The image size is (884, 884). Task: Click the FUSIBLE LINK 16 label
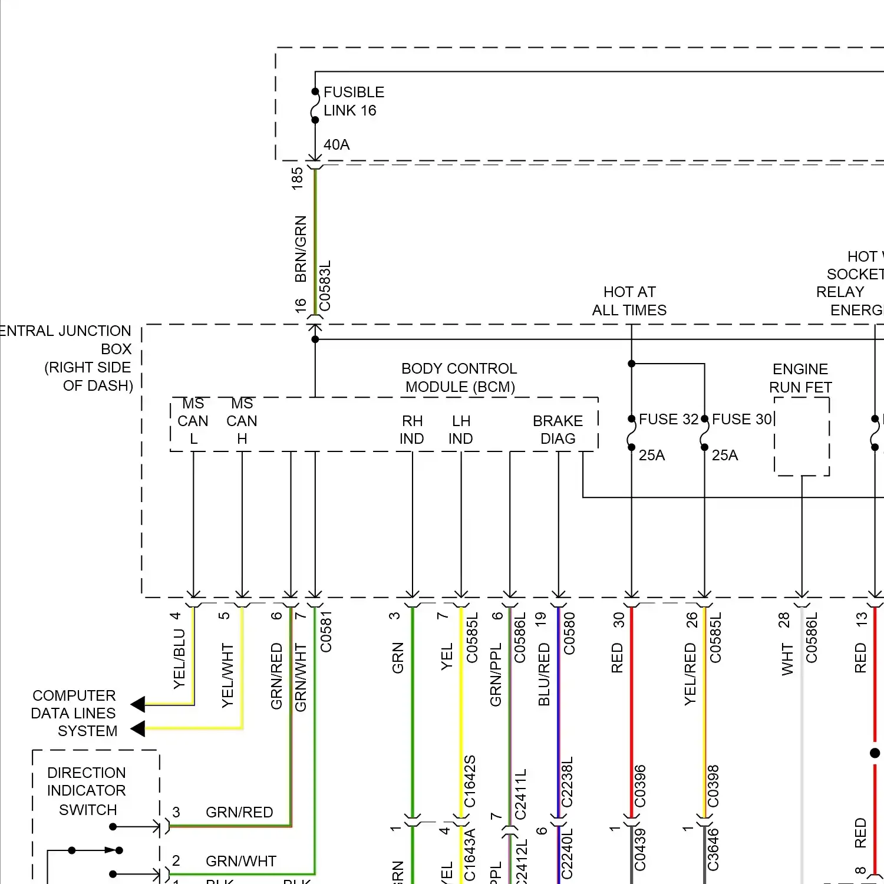[x=354, y=101]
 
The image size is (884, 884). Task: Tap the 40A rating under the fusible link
[x=337, y=144]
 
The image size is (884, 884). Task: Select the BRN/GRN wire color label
[x=301, y=249]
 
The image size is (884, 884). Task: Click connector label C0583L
[x=325, y=286]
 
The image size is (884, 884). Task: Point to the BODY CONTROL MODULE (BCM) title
[x=459, y=378]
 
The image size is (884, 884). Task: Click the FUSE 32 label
[x=668, y=419]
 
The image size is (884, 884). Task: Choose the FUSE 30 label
[x=741, y=419]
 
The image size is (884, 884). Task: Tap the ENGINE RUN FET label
[x=800, y=378]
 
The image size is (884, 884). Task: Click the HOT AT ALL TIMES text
[x=629, y=301]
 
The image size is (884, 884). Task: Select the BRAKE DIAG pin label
[x=558, y=430]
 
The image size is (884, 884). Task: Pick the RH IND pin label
[x=412, y=430]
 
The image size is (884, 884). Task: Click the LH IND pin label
[x=461, y=430]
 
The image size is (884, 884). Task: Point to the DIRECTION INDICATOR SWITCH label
[x=87, y=791]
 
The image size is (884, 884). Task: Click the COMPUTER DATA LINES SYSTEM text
[x=74, y=713]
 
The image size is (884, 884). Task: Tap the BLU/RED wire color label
[x=544, y=674]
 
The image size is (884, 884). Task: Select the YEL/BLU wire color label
[x=179, y=659]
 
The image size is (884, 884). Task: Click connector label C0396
[x=640, y=786]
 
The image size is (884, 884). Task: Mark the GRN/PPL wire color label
[x=496, y=674]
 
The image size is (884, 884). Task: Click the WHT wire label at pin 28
[x=787, y=659]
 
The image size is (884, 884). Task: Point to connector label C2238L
[x=567, y=782]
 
